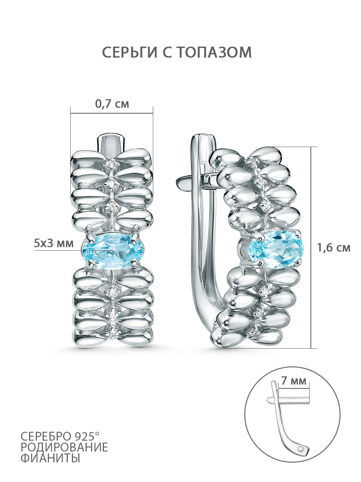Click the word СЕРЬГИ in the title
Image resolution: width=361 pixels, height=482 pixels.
pyautogui.click(x=130, y=52)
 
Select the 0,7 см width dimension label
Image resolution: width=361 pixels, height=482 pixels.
pyautogui.click(x=112, y=104)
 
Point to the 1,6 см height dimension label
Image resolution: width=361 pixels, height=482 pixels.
pyautogui.click(x=334, y=248)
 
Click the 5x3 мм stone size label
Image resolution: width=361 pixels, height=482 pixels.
pyautogui.click(x=54, y=243)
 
